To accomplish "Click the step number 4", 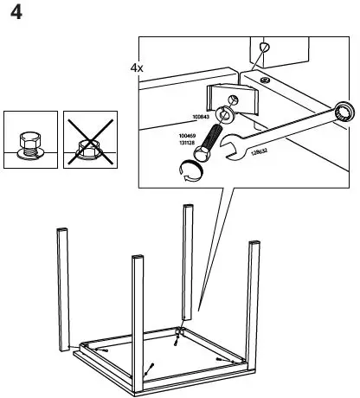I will [16, 16].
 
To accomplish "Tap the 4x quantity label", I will [137, 67].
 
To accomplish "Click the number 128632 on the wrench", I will [259, 152].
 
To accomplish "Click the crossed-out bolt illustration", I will [87, 141].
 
